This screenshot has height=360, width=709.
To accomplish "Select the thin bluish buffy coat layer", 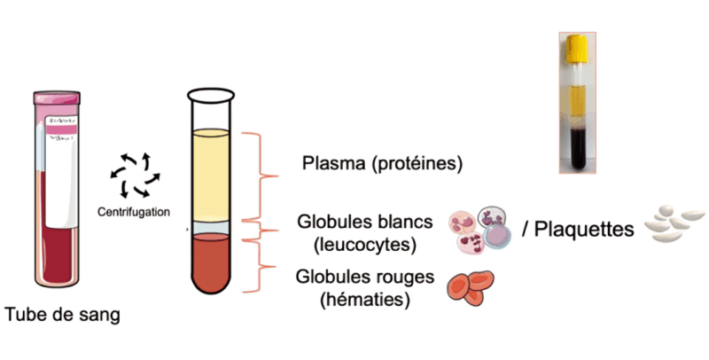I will (x=212, y=229).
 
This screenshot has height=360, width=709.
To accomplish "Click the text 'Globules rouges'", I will (x=365, y=278).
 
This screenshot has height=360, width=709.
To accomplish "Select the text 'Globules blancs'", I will (x=365, y=220).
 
